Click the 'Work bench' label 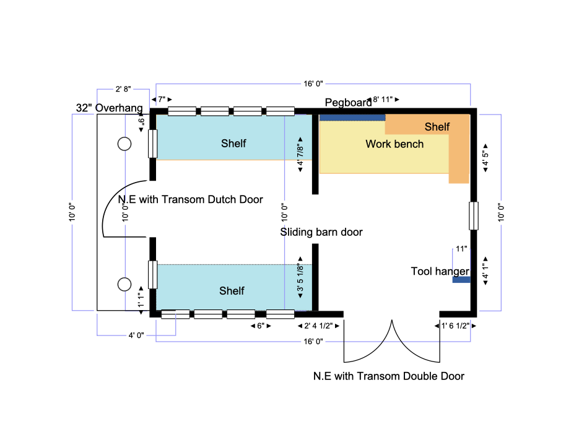click(x=394, y=144)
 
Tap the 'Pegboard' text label click(x=348, y=102)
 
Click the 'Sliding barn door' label click(x=321, y=232)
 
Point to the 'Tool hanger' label click(x=440, y=271)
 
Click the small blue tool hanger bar click(x=461, y=280)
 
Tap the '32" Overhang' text click(x=109, y=108)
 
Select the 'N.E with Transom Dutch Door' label click(x=191, y=199)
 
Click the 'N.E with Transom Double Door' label click(x=388, y=376)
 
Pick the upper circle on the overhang click(x=124, y=144)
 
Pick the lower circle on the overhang click(x=124, y=284)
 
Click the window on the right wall click(x=473, y=215)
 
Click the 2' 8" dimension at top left click(x=123, y=89)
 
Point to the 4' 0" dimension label click(x=136, y=335)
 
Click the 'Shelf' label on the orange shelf click(x=437, y=127)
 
